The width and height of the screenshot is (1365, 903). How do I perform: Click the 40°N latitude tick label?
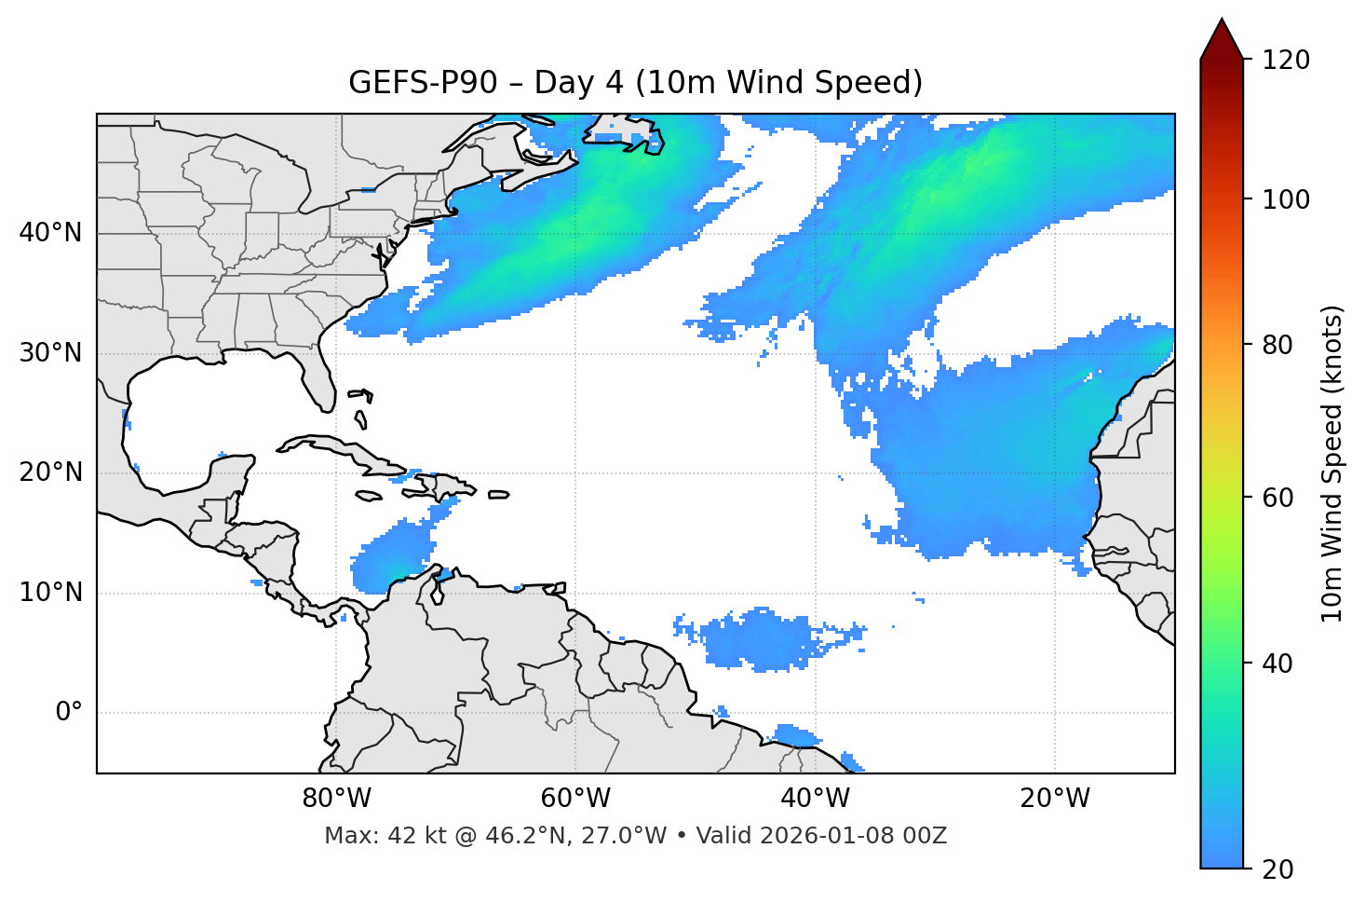pos(50,233)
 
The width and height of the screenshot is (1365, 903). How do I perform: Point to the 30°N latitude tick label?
pos(50,353)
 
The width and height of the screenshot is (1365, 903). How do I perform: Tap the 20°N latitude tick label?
pos(50,472)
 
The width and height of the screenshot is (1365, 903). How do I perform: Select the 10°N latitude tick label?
pos(50,593)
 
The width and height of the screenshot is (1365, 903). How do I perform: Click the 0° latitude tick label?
pos(69,713)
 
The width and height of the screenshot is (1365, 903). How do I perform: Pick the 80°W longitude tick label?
pos(336,799)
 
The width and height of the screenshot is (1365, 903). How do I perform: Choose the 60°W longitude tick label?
pos(575,799)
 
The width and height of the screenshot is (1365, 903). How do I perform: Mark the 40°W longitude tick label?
pos(816,799)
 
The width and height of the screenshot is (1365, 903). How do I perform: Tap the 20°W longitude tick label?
pos(1055,799)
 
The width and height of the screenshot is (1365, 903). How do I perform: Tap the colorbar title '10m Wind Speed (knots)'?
pos(1332,463)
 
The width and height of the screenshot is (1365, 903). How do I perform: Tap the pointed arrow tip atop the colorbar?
pos(1222,21)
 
